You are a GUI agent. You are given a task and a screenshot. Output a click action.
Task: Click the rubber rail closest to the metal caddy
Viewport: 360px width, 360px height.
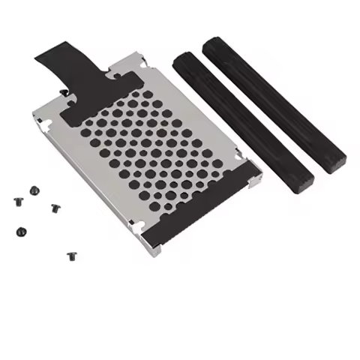tap(240, 120)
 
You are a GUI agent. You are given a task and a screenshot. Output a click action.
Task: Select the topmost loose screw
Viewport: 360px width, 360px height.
tap(34, 190)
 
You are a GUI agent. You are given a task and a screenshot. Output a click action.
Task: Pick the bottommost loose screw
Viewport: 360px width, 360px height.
tap(72, 256)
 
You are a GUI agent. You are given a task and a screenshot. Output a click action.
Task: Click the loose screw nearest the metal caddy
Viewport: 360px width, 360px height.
tap(55, 208)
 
